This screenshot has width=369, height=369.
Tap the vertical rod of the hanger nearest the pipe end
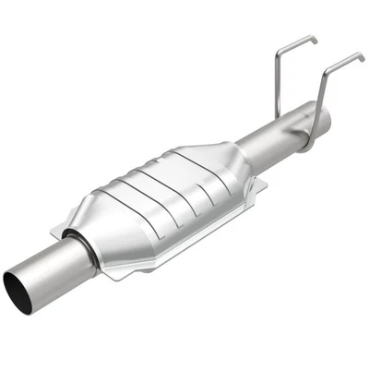click(322, 92)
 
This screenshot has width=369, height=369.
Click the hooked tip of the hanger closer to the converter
click(314, 40)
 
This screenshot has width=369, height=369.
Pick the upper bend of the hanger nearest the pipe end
click(325, 70)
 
